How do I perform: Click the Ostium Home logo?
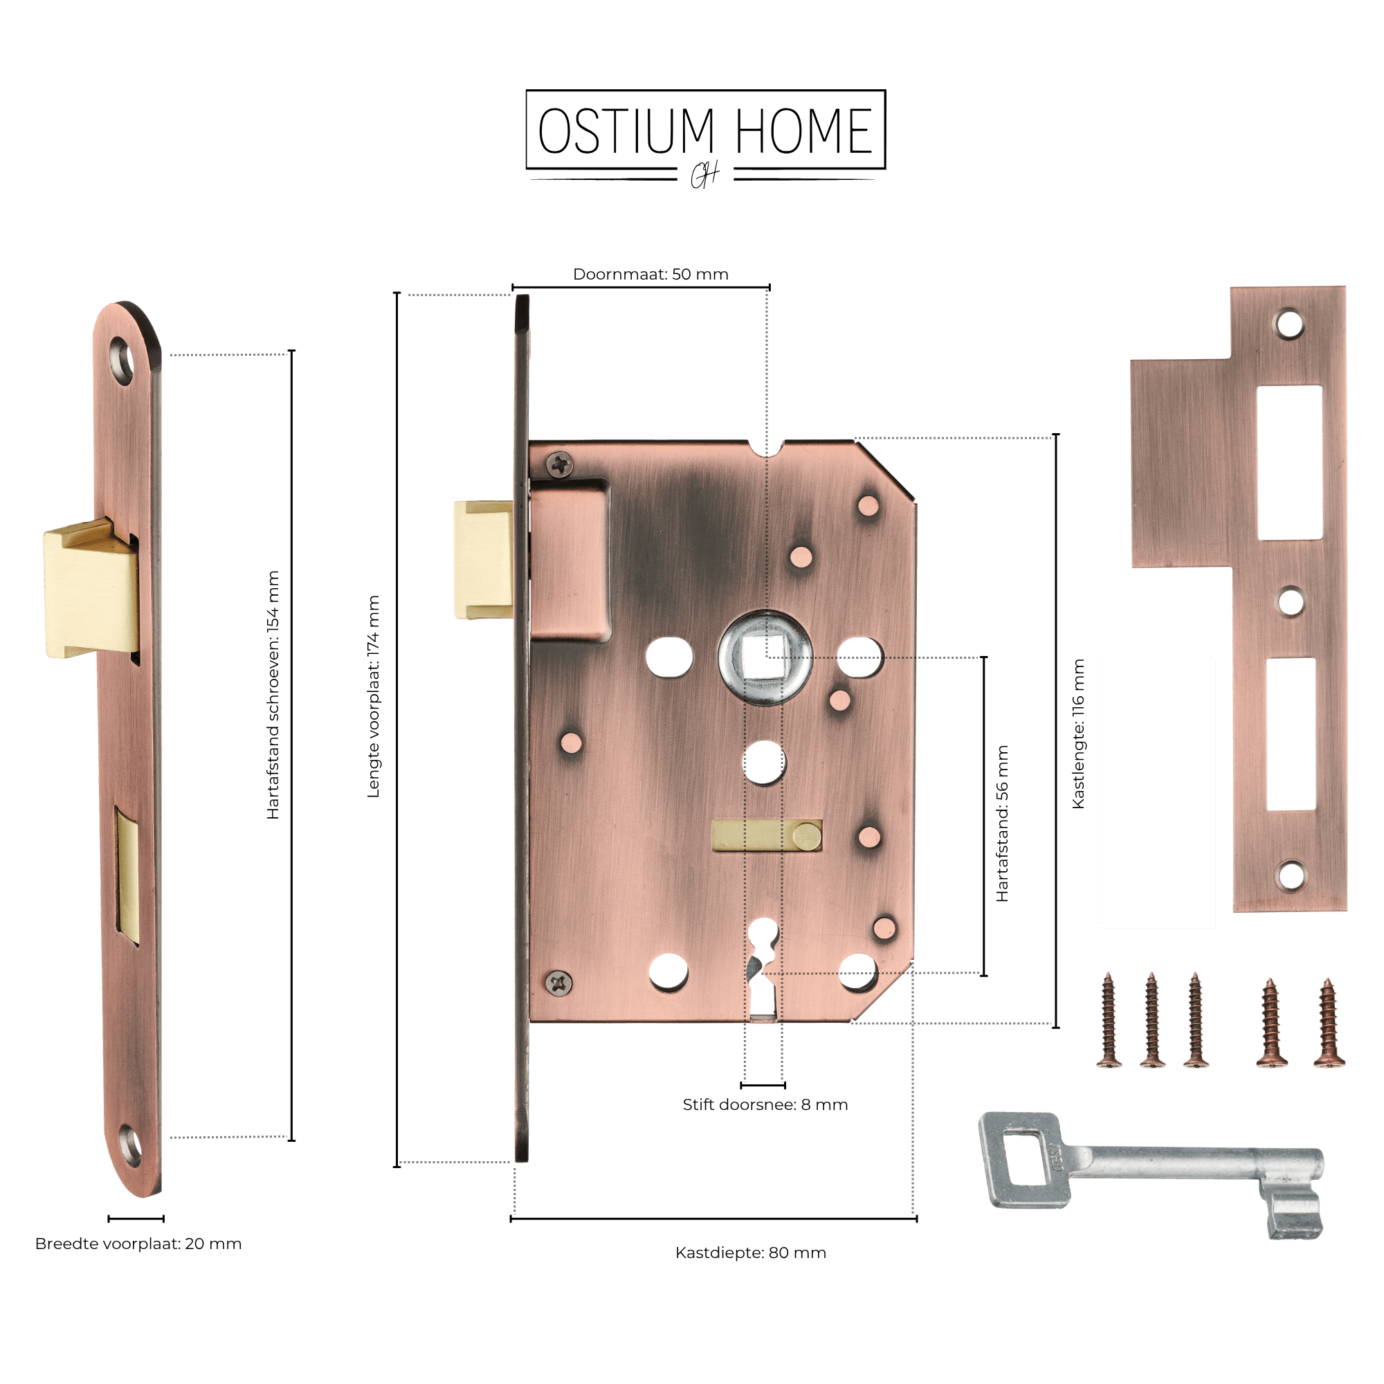click(706, 138)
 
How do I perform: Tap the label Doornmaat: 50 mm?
click(650, 274)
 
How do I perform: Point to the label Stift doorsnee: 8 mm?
click(765, 1104)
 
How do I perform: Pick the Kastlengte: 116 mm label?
click(1078, 734)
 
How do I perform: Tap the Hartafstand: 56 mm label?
click(1002, 823)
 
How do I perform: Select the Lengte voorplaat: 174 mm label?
click(373, 696)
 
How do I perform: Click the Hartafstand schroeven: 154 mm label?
click(273, 695)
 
